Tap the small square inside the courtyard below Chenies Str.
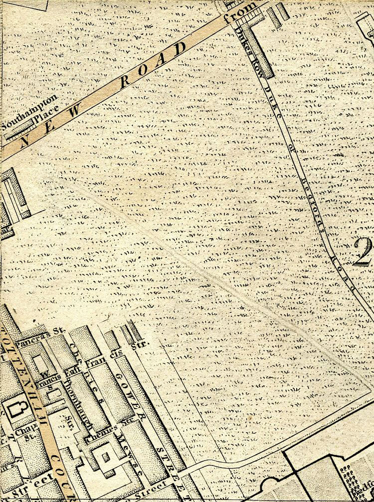[x=104, y=455]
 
